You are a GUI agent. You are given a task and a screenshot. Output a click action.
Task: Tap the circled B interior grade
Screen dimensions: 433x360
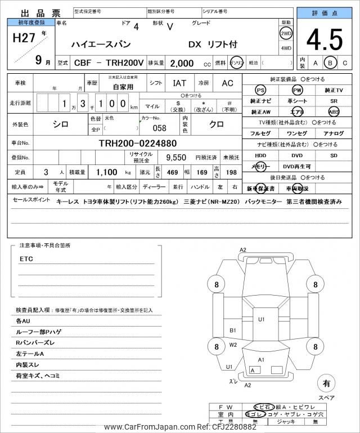331,63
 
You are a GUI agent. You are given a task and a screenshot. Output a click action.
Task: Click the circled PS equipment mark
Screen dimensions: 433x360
260,90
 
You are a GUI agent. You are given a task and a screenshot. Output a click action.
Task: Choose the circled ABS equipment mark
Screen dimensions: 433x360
334,111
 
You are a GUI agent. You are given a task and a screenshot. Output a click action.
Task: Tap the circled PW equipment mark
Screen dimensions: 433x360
296,90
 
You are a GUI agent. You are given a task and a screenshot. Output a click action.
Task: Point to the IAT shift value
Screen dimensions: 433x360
179,83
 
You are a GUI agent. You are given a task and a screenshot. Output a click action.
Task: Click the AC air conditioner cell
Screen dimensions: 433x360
227,83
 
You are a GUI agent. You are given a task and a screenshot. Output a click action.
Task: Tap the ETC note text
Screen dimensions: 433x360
26,259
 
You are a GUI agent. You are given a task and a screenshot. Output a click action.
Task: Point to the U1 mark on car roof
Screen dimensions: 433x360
262,319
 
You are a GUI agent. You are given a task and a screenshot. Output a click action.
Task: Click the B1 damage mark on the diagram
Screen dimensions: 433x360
233,331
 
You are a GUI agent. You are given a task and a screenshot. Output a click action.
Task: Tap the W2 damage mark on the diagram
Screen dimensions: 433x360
233,345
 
